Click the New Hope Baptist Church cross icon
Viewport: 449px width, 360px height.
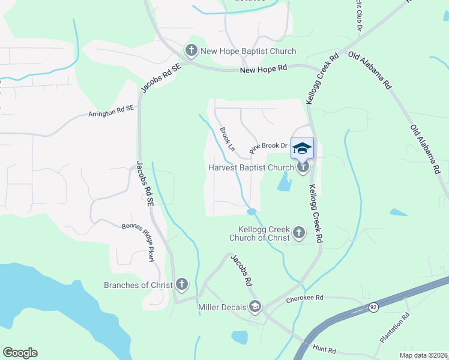click(191, 51)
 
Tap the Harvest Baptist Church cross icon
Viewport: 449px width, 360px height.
click(303, 167)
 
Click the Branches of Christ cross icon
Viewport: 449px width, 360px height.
click(182, 284)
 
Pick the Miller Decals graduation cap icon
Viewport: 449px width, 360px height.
click(255, 307)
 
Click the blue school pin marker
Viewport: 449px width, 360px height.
click(302, 148)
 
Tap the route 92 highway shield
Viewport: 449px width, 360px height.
click(373, 307)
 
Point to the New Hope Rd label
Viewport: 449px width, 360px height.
click(263, 70)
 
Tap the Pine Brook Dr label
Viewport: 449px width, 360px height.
click(270, 145)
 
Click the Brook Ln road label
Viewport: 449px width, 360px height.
click(227, 139)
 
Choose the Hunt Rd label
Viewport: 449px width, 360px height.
click(324, 348)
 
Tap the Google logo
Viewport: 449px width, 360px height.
click(20, 353)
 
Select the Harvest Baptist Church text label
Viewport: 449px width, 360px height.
click(250, 167)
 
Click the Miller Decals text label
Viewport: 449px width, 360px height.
click(222, 307)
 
